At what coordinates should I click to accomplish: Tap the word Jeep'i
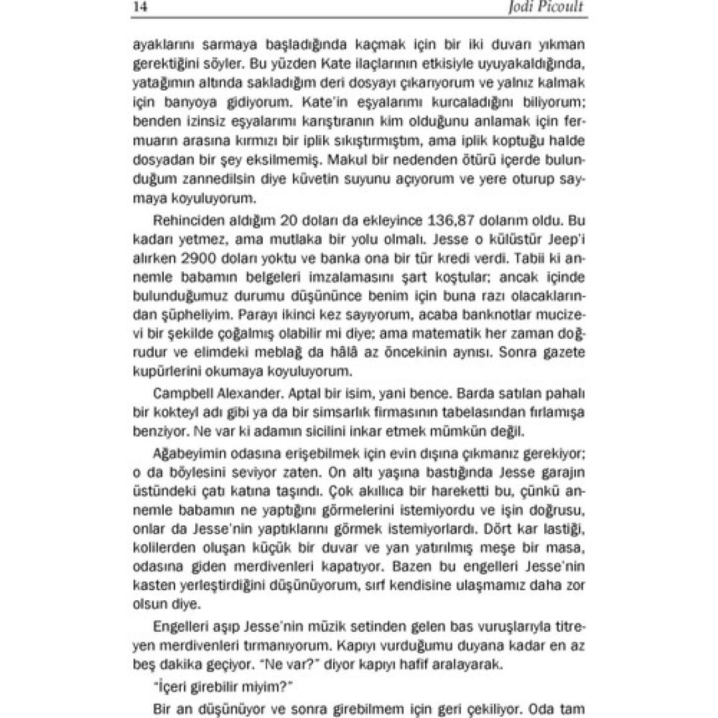[x=566, y=240]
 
